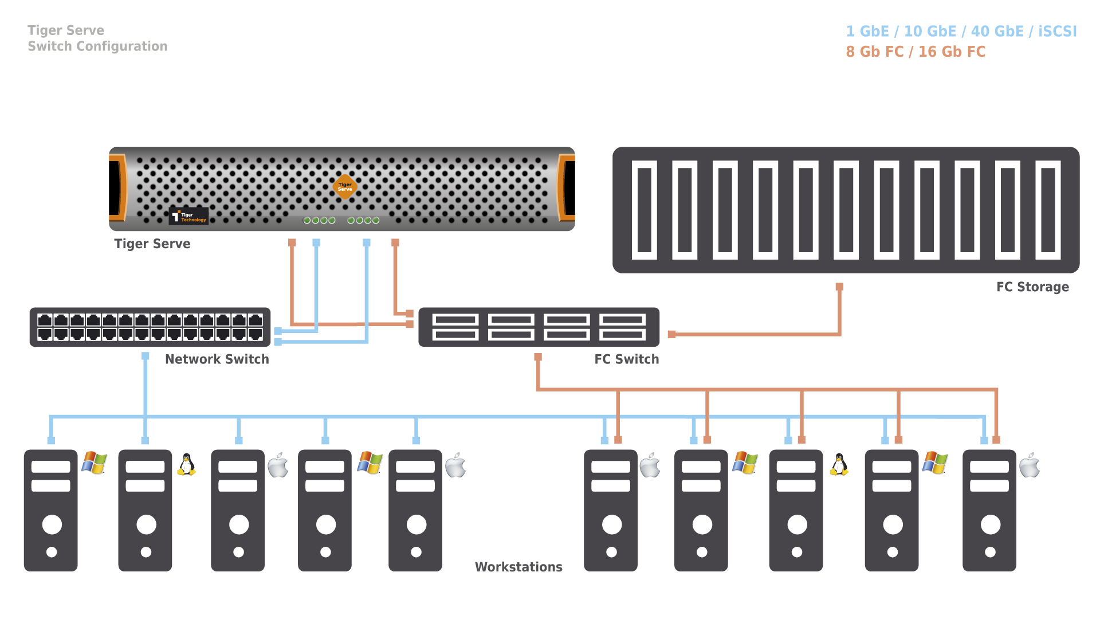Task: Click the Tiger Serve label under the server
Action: [x=152, y=244]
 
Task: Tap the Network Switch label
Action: [x=217, y=359]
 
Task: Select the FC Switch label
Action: [x=626, y=359]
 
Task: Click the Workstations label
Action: [x=518, y=567]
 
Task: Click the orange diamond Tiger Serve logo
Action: [x=345, y=187]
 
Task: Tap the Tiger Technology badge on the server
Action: [x=189, y=217]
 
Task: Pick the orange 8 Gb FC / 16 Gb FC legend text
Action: [x=915, y=52]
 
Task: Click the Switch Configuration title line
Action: [x=97, y=46]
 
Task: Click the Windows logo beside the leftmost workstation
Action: [x=95, y=463]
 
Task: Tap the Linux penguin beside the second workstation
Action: [x=186, y=465]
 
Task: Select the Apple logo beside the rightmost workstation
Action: [x=1029, y=465]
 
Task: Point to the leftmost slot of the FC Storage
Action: [x=644, y=210]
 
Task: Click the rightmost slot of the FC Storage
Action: [x=1048, y=210]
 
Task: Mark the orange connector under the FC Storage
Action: [x=839, y=287]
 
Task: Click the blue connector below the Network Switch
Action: [x=146, y=356]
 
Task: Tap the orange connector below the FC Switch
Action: [x=538, y=357]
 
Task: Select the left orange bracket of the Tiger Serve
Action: [x=119, y=187]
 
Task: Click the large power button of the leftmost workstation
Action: [x=52, y=524]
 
